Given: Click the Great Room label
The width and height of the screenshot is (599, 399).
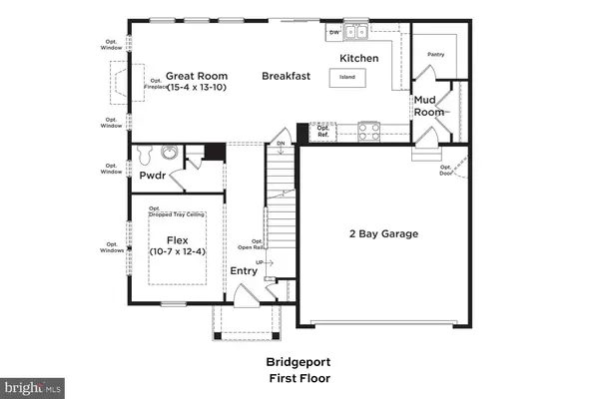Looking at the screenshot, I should tap(197, 76).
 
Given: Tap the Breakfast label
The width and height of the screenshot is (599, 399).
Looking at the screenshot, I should tap(287, 76).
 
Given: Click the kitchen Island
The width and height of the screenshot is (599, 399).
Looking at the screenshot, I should tap(346, 76).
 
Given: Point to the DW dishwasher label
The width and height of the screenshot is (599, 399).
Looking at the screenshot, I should tap(333, 33).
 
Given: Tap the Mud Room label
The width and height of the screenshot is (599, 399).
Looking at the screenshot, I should tap(429, 107).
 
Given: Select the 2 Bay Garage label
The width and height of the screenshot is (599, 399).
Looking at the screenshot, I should tap(383, 234).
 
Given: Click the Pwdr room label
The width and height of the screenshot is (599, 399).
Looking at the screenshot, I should tap(152, 175).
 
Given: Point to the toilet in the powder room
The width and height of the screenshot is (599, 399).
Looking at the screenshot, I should tap(146, 156).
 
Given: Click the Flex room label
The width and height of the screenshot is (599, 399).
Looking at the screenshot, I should tap(177, 240).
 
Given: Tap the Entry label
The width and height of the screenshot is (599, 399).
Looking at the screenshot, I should tap(244, 270).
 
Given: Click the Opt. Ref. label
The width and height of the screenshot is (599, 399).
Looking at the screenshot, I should tap(322, 130).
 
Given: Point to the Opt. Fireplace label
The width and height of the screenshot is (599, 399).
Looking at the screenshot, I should tap(156, 85).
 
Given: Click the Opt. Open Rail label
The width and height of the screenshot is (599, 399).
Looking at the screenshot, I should tap(251, 244).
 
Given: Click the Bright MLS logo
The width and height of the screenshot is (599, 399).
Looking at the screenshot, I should tap(33, 384).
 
